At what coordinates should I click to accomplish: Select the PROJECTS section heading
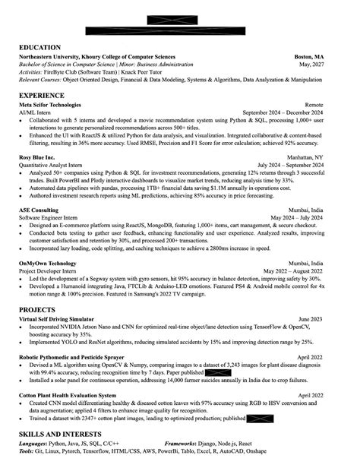37,310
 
